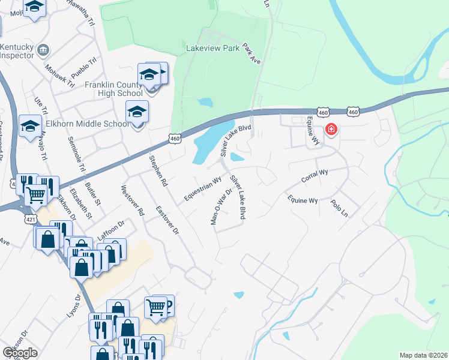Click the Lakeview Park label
213,47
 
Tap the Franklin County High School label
113,89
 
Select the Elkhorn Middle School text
95,124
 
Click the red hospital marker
331,130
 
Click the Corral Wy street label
315,176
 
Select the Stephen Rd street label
157,170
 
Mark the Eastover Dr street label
167,220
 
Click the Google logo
20,353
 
